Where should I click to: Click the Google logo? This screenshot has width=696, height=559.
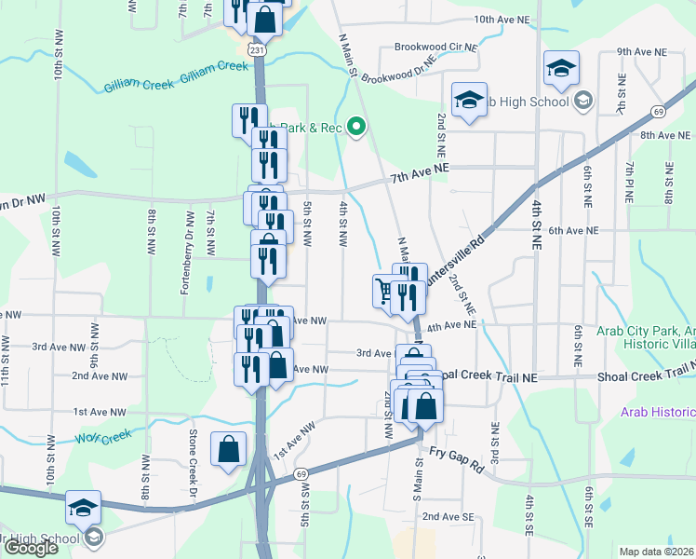point(31,548)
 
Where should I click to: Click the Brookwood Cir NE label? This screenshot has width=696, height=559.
point(435,46)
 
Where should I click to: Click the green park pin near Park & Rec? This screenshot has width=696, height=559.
point(355,128)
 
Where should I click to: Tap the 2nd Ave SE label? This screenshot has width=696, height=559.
point(448,516)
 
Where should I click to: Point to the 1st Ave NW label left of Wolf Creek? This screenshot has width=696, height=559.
point(100,412)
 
